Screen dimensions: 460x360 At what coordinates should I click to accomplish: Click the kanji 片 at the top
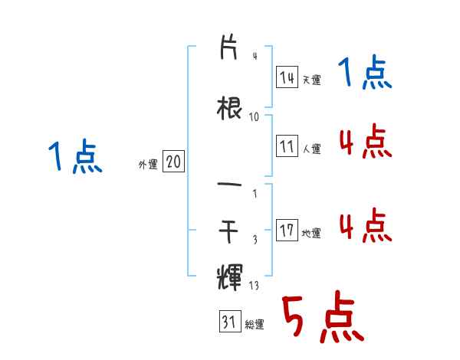pos(229,49)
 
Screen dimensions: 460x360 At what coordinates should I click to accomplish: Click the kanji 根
pos(229,107)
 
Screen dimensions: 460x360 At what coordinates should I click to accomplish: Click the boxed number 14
pos(287,77)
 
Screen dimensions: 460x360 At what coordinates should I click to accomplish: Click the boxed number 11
pos(287,146)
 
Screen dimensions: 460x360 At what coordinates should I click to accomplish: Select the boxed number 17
pos(287,231)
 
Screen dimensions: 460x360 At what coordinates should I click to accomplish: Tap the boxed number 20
pos(173,162)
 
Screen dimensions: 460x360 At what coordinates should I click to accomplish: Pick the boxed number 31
pos(228,322)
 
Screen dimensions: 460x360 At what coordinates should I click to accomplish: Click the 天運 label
pos(311,80)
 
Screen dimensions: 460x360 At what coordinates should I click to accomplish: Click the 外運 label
pos(147,164)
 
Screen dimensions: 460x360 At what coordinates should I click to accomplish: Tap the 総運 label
pos(255,325)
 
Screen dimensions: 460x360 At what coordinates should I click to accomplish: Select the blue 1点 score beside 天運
pos(364,74)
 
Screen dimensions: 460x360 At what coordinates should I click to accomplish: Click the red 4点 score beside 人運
pos(364,142)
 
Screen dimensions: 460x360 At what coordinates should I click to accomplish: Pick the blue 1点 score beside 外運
pos(74,157)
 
